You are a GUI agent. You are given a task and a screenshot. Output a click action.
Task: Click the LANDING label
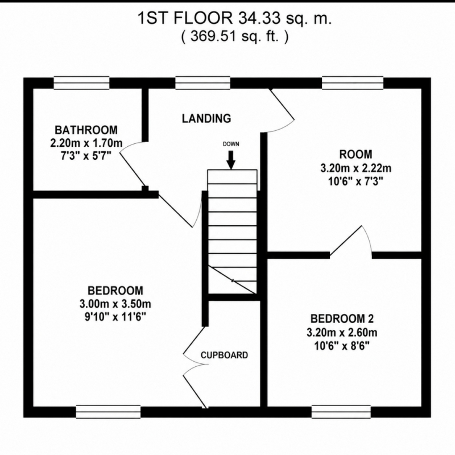coord(206,118)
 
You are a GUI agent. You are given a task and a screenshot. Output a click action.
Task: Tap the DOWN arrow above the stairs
coord(231,160)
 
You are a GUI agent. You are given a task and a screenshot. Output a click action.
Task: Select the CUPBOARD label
coord(224,355)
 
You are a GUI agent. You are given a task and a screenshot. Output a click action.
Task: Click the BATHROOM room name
coord(86,130)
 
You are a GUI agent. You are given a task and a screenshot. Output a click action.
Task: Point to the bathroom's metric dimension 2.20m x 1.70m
coord(86,143)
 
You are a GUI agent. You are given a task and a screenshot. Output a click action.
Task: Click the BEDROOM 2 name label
coord(342,318)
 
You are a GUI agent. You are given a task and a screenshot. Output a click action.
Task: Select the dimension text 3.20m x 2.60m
coord(342,332)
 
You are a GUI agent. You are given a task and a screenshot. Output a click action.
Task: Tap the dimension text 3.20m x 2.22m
coord(356,168)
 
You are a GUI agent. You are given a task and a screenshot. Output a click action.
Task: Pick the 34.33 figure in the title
coord(260,19)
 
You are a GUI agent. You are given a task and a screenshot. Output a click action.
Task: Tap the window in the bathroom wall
coord(81,82)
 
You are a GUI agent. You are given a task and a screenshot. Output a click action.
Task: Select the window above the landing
coord(203,82)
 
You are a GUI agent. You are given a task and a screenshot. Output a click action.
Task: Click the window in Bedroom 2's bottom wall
coord(341,412)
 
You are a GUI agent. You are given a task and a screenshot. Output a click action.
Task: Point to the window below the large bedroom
coord(108,412)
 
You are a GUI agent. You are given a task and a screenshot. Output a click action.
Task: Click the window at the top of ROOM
coord(353,82)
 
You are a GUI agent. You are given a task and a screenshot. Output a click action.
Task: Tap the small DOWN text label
coord(231,144)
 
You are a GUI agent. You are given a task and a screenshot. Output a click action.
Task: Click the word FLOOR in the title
coord(203,19)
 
